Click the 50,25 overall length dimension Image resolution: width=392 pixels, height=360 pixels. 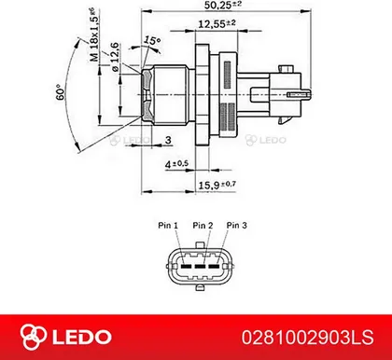(x=223, y=5)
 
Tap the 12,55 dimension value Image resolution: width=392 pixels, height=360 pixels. (x=217, y=23)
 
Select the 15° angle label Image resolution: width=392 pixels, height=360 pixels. (x=152, y=41)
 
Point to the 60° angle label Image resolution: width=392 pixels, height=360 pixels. (x=61, y=92)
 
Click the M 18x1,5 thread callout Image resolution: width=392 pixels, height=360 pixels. (x=94, y=35)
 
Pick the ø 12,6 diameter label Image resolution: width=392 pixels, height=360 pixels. (x=115, y=57)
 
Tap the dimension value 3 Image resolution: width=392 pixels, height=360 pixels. (x=168, y=140)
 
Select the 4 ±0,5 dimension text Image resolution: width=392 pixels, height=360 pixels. (x=176, y=163)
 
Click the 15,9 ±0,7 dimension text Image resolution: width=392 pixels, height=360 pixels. (x=217, y=185)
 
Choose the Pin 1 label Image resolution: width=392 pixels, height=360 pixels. (x=168, y=225)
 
